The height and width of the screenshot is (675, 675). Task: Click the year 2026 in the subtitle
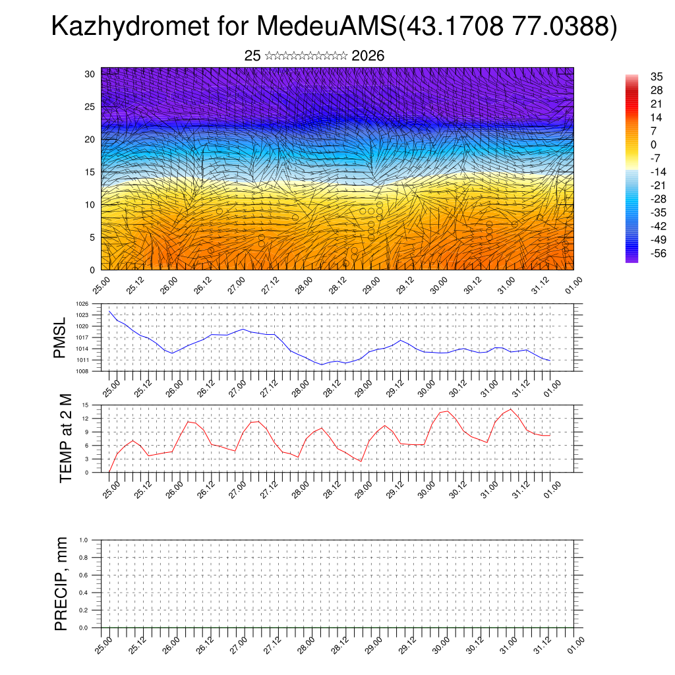(368, 56)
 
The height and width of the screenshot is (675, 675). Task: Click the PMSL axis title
(61, 337)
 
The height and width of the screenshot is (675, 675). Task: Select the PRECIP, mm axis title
(61, 584)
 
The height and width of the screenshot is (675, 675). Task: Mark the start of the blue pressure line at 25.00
(109, 311)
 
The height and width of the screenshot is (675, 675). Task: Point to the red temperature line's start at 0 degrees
(109, 472)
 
